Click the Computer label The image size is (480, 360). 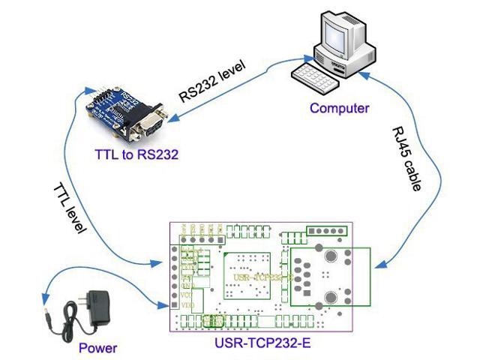coord(340,108)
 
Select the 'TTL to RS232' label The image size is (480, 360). coord(136,155)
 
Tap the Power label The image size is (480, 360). coord(98,348)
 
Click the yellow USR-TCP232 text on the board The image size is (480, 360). coord(259,279)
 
